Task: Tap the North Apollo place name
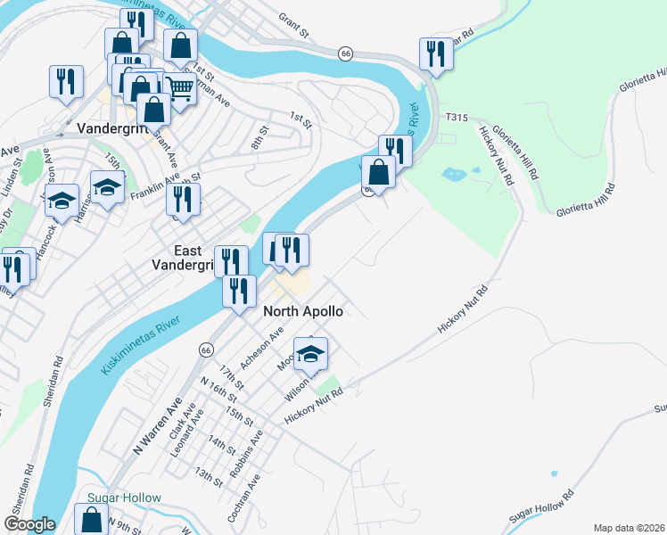(x=303, y=312)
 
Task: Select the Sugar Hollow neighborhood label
(x=124, y=498)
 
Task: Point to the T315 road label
(x=457, y=118)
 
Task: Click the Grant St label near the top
(x=292, y=26)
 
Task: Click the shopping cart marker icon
(x=180, y=87)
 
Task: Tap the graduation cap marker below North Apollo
(x=310, y=353)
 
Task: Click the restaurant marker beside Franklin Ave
(x=183, y=199)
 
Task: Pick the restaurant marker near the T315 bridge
(x=436, y=53)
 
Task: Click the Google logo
(x=29, y=524)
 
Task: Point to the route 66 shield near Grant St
(x=345, y=53)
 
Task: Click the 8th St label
(x=259, y=139)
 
